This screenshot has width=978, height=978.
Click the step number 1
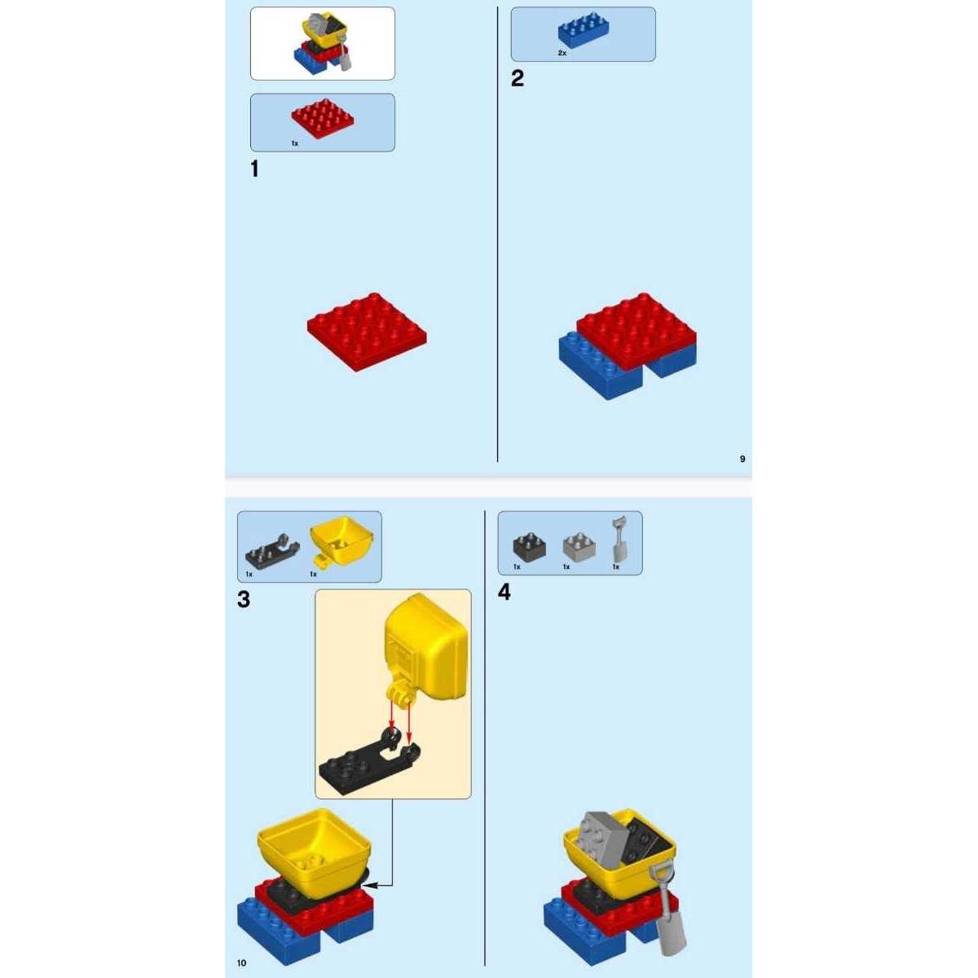255,169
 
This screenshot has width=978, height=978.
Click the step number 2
518,78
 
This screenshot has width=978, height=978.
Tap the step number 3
244,599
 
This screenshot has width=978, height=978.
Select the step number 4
504,592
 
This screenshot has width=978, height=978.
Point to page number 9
742,459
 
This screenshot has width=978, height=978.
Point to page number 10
241,963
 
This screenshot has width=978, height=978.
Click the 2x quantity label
562,53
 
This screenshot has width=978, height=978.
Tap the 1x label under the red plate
294,143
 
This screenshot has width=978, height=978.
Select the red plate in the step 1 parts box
323,119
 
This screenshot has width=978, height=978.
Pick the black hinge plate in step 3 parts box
272,549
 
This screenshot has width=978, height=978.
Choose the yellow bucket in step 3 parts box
341,540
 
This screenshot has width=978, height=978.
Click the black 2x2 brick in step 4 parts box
530,546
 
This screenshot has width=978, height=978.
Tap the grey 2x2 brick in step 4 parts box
579,546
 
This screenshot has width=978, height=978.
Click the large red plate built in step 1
367,332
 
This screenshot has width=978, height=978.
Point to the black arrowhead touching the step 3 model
371,885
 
